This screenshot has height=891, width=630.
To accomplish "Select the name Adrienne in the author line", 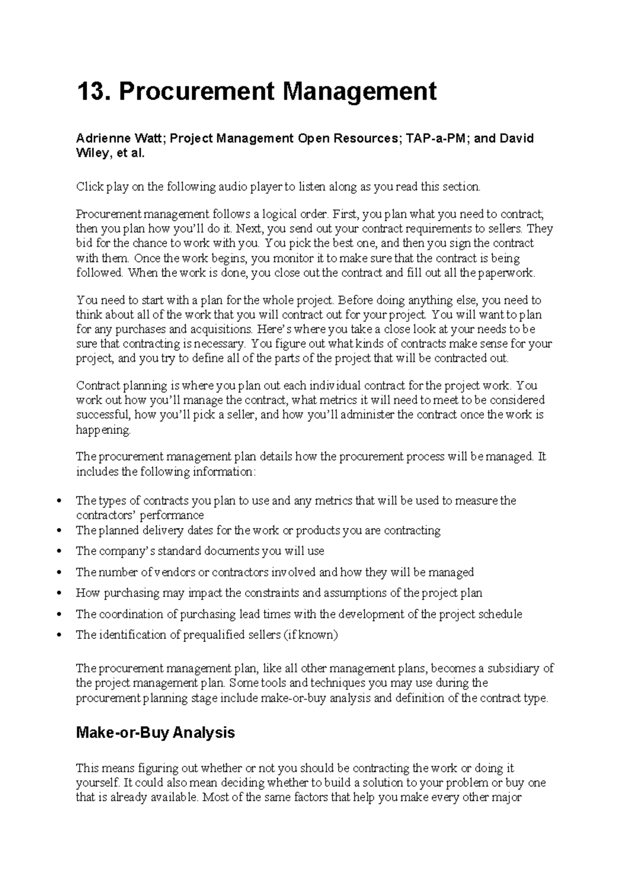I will [101, 139].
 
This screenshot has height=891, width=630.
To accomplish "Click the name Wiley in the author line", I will [91, 154].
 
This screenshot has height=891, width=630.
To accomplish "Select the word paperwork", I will [509, 273].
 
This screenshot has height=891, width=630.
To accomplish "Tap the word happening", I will [102, 430].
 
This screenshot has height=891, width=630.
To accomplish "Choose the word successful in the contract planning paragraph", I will [102, 415].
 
